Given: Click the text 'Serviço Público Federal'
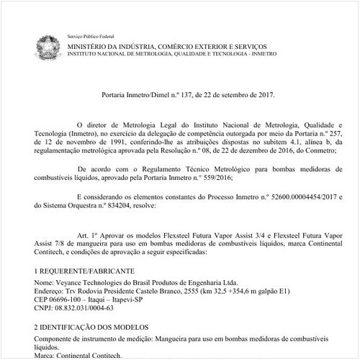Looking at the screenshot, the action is click(90, 36).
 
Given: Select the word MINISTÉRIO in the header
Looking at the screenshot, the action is click(92, 45).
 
